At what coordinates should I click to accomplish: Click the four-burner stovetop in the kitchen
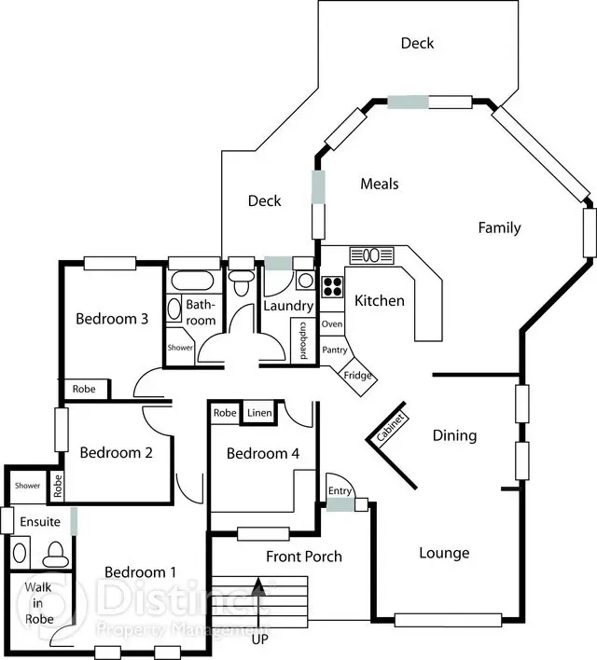(x=333, y=286)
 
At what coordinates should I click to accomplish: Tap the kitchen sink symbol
(x=372, y=255)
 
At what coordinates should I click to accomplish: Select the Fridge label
(x=357, y=375)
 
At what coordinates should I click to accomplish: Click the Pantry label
(x=335, y=350)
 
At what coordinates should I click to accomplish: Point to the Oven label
(x=332, y=324)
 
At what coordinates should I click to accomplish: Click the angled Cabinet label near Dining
(x=391, y=427)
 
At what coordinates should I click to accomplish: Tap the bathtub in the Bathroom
(x=192, y=280)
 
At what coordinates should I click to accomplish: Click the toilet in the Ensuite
(x=56, y=555)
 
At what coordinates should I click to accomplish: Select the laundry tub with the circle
(x=305, y=281)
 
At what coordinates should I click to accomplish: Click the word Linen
(x=259, y=413)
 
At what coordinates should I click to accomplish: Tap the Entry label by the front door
(x=340, y=490)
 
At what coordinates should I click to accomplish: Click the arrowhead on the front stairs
(x=259, y=585)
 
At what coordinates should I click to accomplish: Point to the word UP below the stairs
(x=260, y=639)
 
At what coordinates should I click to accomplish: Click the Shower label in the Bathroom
(x=180, y=348)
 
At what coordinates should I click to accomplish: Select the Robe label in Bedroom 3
(x=84, y=389)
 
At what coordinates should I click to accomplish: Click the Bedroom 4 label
(x=263, y=453)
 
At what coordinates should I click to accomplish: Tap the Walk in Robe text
(x=38, y=603)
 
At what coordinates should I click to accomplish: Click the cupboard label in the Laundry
(x=303, y=340)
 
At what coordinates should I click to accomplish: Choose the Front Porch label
(x=304, y=557)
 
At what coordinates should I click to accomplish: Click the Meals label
(x=379, y=184)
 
